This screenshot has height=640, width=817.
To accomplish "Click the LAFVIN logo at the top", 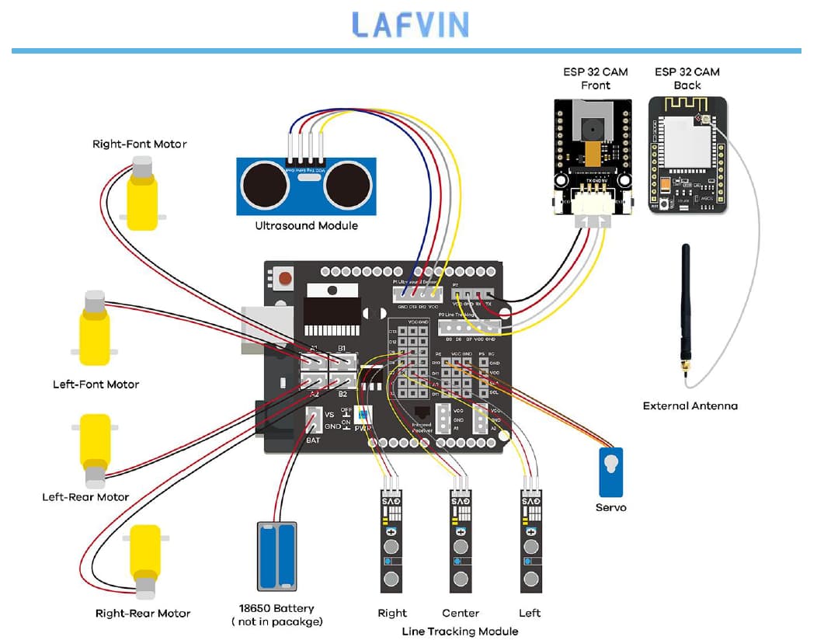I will [x=410, y=24].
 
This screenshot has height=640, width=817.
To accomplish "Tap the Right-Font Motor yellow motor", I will [x=142, y=194].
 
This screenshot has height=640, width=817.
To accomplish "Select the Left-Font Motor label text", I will [x=96, y=384].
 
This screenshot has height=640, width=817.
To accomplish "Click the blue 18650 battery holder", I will [x=276, y=556].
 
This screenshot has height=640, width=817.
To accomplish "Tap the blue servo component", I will [x=610, y=471].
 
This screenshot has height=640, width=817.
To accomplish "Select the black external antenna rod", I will [x=686, y=311].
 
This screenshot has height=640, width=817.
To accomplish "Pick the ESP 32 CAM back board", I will [x=687, y=155].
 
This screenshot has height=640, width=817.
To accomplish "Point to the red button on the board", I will [x=285, y=277].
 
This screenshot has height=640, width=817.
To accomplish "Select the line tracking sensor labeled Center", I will [x=461, y=540].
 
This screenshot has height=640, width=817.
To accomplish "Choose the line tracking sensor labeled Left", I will [x=530, y=540].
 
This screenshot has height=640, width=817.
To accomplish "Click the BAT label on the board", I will [x=313, y=440].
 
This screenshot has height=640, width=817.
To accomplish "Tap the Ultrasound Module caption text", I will [x=307, y=225].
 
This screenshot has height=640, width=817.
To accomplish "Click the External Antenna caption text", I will [x=690, y=405].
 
